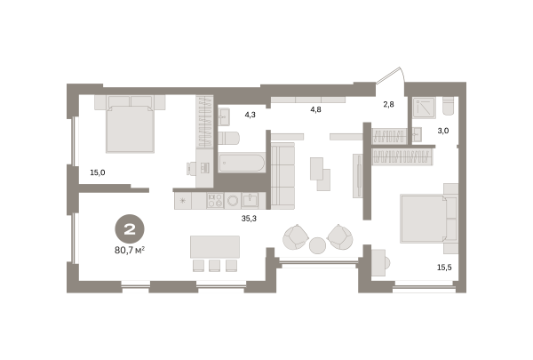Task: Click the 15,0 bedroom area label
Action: coord(98,172)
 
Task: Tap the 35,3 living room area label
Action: coord(249,219)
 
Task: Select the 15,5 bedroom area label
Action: coord(444,268)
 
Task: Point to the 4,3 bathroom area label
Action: coord(251,115)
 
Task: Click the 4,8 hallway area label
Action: coord(315,109)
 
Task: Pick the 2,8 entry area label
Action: coord(388,105)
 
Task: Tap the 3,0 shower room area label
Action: coord(443,131)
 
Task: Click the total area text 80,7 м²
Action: coord(130,251)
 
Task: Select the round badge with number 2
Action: coord(130,229)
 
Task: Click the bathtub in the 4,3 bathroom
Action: coord(242,164)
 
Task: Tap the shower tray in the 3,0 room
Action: coord(425,108)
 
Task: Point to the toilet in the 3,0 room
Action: coord(449,106)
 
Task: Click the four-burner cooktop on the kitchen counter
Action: coord(215,200)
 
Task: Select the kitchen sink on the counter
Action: coord(250,200)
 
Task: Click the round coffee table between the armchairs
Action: coord(317,245)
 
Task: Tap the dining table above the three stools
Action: coord(215,247)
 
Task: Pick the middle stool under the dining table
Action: coord(214,266)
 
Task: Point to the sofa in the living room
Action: coord(282,176)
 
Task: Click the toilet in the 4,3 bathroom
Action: coord(229,138)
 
